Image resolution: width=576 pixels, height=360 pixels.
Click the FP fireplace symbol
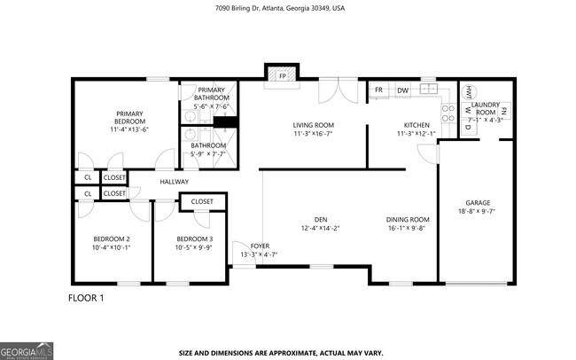pos(282,76)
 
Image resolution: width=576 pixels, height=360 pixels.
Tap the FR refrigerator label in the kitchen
pos(378,90)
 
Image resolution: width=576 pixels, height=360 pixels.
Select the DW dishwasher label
pos(402,90)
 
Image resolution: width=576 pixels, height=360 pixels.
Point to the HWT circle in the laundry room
pos(466,91)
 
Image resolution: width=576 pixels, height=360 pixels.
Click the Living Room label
pos(313,125)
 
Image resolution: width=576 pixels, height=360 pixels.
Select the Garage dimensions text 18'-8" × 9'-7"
pos(478,211)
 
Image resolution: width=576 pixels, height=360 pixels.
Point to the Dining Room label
pos(407,219)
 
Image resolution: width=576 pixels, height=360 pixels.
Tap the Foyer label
pos(259,246)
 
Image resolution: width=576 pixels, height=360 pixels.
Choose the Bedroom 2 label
pos(112,239)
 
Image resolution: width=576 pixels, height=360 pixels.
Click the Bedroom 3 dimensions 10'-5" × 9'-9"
pos(193,247)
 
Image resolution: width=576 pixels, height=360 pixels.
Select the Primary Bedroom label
pos(128,118)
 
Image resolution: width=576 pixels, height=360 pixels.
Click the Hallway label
pos(174,182)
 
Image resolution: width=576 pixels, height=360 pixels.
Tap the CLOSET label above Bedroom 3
pos(202,202)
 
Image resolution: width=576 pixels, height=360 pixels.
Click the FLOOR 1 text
pos(86,298)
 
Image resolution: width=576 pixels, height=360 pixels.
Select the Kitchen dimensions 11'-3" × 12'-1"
pos(416,134)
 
